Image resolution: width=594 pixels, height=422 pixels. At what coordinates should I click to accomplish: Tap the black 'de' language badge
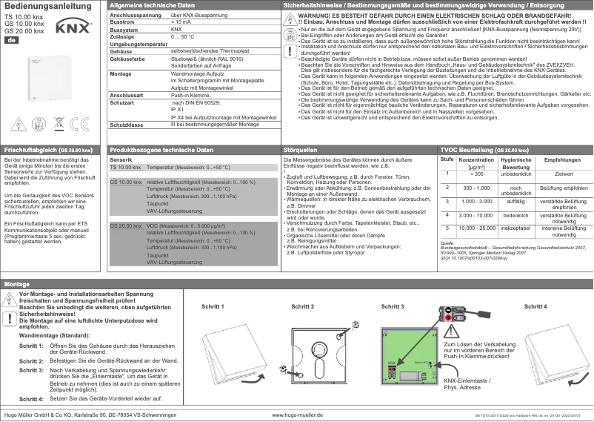click(x=11, y=39)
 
